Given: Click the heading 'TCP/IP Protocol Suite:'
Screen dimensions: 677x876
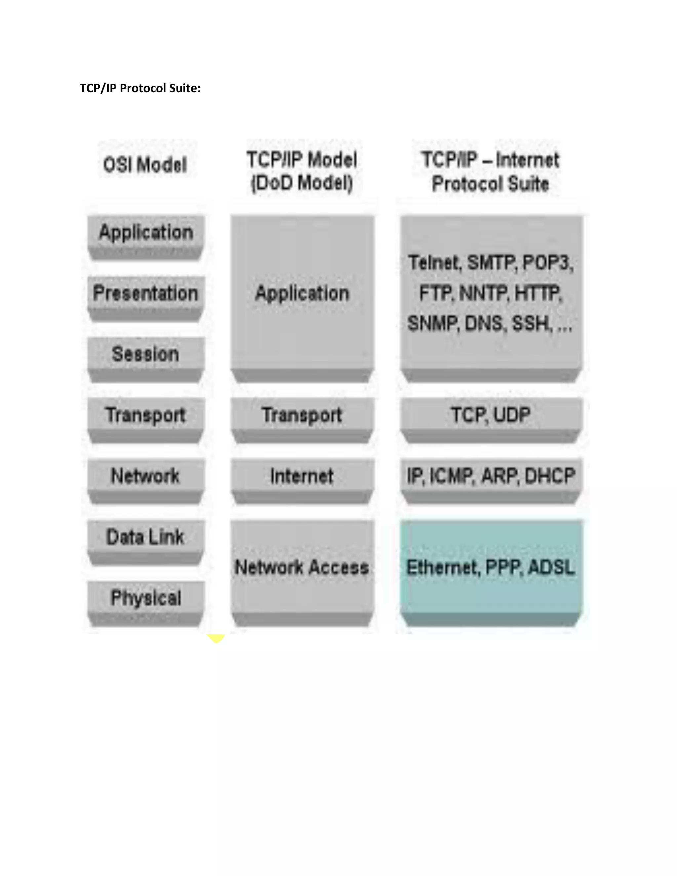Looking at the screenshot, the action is point(140,88).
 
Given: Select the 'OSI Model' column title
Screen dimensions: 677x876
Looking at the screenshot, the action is point(145,165).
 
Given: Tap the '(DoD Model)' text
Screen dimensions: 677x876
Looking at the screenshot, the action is point(301,183).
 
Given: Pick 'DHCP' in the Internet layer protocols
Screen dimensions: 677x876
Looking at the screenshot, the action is point(550,476).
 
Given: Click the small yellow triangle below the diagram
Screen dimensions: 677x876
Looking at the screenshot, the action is point(216,638).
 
